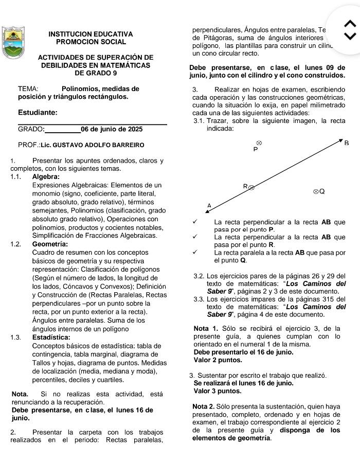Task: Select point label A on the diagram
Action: (x=209, y=205)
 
